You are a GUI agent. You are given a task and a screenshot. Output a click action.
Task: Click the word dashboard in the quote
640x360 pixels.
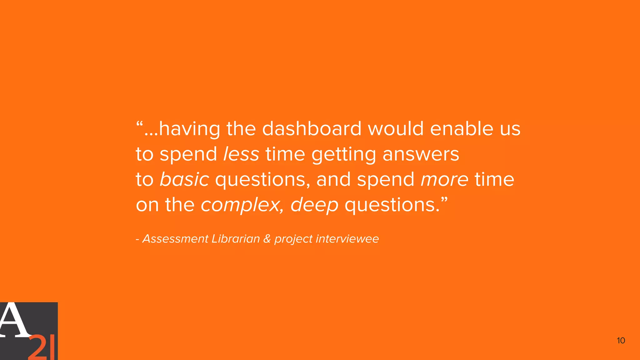point(312,128)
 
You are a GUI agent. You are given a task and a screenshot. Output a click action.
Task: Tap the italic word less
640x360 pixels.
point(241,154)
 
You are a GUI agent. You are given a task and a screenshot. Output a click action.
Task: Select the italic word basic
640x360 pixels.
point(184,179)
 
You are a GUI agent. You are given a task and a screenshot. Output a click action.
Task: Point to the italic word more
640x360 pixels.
point(444,179)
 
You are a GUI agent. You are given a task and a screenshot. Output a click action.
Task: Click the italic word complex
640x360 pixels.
point(240,205)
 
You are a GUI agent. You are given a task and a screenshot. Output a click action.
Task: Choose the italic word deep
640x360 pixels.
point(314,205)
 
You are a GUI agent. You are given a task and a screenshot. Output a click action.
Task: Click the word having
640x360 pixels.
point(190,129)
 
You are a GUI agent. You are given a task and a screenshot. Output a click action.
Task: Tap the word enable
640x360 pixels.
point(462,128)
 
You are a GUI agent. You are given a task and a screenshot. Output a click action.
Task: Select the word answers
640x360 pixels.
point(421,154)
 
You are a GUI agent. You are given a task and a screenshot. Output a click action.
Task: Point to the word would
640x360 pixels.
point(396,128)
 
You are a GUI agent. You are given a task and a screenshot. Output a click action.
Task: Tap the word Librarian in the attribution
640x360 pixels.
point(236,239)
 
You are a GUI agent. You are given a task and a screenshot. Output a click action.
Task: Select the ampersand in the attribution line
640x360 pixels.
point(267,239)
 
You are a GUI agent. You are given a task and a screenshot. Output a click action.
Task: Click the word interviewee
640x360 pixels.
point(347,239)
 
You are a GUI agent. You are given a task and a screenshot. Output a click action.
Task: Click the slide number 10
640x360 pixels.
point(621,341)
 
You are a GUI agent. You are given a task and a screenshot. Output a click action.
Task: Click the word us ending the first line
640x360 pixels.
point(510,129)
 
